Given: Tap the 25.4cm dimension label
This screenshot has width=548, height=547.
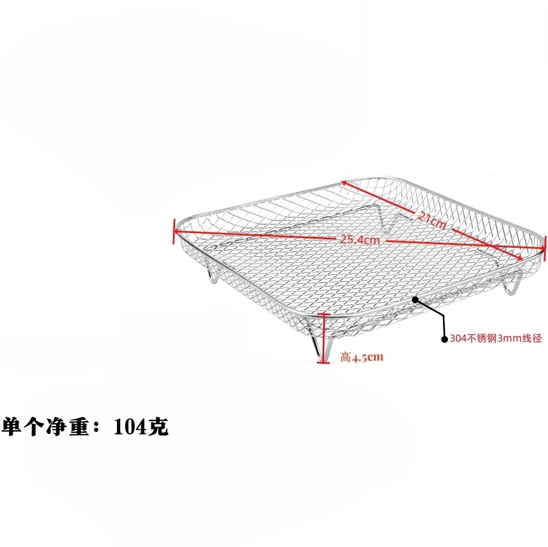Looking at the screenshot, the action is click(359, 239).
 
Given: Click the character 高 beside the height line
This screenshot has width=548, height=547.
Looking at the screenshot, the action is click(346, 357).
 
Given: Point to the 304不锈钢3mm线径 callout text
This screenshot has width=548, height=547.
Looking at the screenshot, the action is click(495, 339).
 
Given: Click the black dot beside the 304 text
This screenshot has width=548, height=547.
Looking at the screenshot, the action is click(444, 339).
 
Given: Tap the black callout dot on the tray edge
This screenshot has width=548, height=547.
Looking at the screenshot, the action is click(415, 299).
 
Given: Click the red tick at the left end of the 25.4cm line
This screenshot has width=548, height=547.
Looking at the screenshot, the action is click(175, 232).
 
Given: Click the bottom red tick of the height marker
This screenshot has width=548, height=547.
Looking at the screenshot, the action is click(323, 362).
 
